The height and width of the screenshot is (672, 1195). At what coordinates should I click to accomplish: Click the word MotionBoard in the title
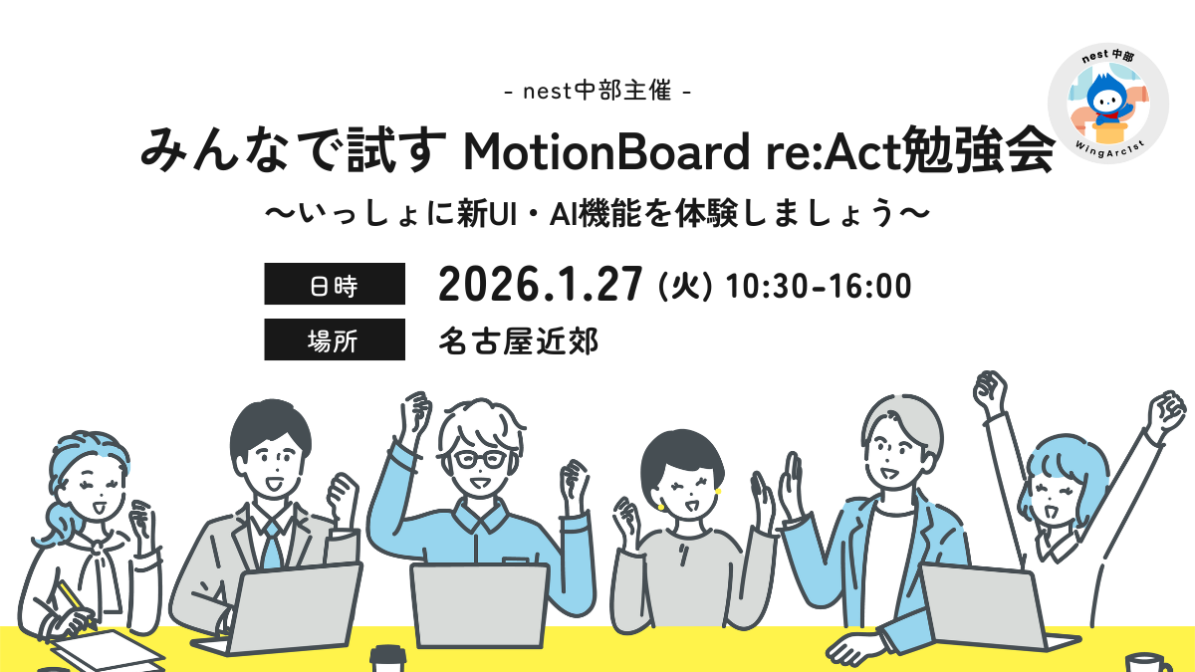click(606, 152)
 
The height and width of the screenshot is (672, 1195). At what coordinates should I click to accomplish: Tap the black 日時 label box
click(335, 284)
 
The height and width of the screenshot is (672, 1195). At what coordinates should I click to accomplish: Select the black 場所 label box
click(335, 339)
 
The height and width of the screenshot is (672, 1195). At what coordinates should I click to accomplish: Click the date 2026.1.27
click(540, 285)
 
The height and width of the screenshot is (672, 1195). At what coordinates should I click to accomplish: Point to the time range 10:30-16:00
click(819, 287)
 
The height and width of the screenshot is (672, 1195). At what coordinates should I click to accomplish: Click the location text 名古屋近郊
click(519, 341)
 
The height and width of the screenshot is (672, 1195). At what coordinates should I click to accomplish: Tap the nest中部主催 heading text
click(597, 91)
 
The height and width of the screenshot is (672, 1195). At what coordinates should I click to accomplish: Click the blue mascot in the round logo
click(1108, 102)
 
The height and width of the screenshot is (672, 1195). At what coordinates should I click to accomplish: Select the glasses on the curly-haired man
click(479, 459)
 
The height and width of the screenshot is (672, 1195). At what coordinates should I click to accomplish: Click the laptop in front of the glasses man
click(480, 605)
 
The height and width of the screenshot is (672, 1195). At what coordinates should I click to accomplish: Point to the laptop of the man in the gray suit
click(283, 608)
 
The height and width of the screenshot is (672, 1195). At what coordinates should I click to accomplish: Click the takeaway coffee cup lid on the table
click(388, 653)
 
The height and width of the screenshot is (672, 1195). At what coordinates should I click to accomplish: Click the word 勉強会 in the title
click(980, 150)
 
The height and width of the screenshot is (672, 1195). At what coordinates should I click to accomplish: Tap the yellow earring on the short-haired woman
click(718, 491)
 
